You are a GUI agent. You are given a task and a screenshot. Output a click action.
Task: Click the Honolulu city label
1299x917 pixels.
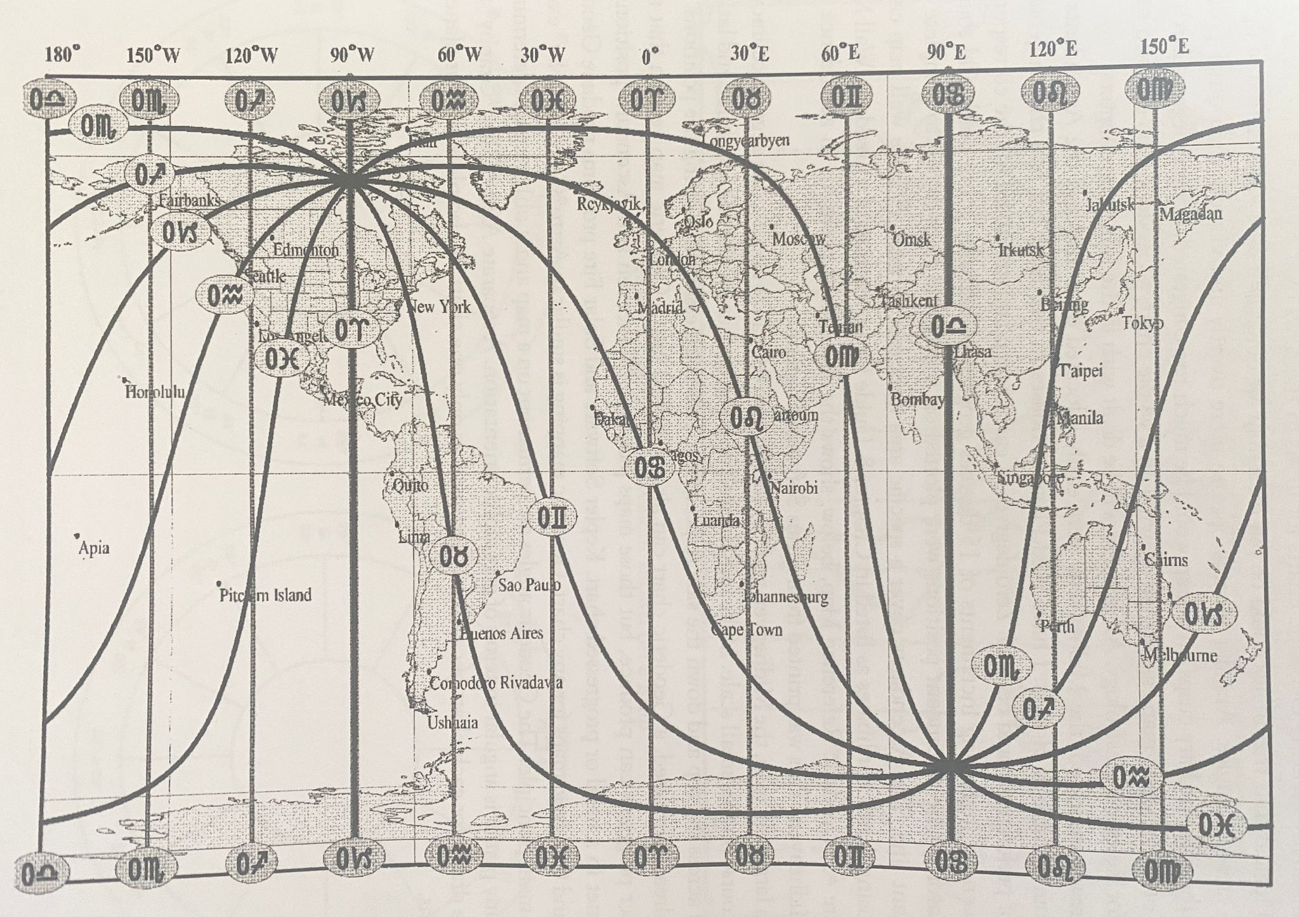[155, 392]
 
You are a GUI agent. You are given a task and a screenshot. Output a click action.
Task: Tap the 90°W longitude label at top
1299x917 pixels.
[351, 55]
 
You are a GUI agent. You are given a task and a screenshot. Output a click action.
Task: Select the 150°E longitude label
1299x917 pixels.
[1164, 46]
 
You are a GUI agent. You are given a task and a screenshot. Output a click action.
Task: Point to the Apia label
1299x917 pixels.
[93, 548]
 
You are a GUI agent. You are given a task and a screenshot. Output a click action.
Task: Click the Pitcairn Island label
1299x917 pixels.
[265, 595]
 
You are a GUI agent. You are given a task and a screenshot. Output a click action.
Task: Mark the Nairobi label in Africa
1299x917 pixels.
[793, 488]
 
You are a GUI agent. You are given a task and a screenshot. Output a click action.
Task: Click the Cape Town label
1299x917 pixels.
[747, 630]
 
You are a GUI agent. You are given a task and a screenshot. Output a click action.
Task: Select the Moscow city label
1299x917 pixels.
[799, 239]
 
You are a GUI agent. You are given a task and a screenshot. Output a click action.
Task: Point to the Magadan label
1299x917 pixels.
[1191, 214]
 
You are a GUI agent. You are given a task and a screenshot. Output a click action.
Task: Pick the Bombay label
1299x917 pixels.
[917, 400]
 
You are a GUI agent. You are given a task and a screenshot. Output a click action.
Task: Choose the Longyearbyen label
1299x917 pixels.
[747, 140]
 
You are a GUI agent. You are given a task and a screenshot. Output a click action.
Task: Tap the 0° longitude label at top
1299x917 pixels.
[650, 57]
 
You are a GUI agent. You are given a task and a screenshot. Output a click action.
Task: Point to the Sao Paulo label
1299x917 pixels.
[529, 585]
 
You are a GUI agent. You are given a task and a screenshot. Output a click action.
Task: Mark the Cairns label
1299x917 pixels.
[1166, 560]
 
